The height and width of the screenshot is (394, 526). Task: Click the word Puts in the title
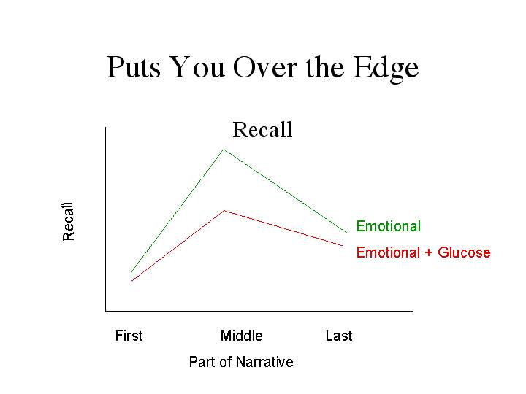pyautogui.click(x=134, y=67)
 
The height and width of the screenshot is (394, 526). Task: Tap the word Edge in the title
pyautogui.click(x=386, y=69)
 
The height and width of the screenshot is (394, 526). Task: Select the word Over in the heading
pyautogui.click(x=265, y=67)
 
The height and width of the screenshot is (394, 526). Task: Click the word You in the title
pyautogui.click(x=197, y=67)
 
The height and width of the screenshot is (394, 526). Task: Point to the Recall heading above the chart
pyautogui.click(x=263, y=130)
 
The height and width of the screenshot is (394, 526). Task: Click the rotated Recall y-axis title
pyautogui.click(x=68, y=222)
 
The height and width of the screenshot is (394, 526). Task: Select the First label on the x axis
pyautogui.click(x=129, y=336)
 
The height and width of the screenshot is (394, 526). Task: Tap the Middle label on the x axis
pyautogui.click(x=242, y=336)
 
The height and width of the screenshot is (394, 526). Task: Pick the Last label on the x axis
pyautogui.click(x=339, y=336)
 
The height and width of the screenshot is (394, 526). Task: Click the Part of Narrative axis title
pyautogui.click(x=241, y=362)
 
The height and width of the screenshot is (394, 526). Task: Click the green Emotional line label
pyautogui.click(x=389, y=226)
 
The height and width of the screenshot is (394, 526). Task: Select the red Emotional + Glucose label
pyautogui.click(x=423, y=252)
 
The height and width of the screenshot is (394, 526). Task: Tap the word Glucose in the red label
pyautogui.click(x=465, y=252)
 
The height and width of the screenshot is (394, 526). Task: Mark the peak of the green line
pyautogui.click(x=224, y=149)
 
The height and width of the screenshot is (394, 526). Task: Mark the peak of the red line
pyautogui.click(x=224, y=211)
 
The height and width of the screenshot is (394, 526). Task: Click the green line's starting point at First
pyautogui.click(x=131, y=271)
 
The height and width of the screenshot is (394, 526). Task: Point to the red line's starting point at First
pyautogui.click(x=131, y=280)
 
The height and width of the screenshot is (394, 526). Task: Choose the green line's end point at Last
pyautogui.click(x=347, y=233)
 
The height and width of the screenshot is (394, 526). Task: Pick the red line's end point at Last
pyautogui.click(x=343, y=246)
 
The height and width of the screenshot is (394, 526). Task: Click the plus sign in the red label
pyautogui.click(x=429, y=252)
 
